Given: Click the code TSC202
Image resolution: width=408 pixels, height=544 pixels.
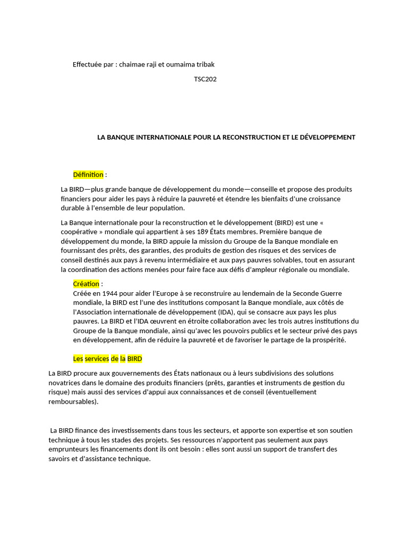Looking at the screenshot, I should click(x=205, y=80).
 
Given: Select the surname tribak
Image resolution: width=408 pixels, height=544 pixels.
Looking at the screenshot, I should click(x=205, y=64).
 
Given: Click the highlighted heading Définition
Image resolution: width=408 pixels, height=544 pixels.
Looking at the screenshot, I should click(x=88, y=175).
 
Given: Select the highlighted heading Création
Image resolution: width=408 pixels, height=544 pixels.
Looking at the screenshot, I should click(x=86, y=284).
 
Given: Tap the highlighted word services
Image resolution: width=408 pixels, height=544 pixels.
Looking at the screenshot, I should click(x=96, y=359).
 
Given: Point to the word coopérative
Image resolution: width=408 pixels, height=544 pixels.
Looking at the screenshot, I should click(x=79, y=232).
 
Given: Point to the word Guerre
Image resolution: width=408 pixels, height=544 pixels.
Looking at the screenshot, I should click(x=329, y=293).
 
